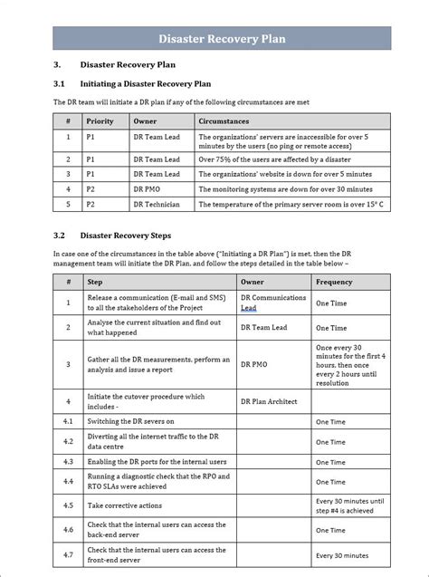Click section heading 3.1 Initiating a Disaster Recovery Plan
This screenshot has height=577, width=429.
click(146, 84)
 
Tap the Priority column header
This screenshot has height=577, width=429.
click(100, 120)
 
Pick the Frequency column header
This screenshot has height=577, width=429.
click(334, 282)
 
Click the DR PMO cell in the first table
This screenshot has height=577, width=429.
click(150, 189)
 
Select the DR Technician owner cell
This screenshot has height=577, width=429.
click(157, 205)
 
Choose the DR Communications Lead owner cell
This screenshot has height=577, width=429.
click(272, 303)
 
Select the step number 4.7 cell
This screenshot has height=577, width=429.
click(68, 554)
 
